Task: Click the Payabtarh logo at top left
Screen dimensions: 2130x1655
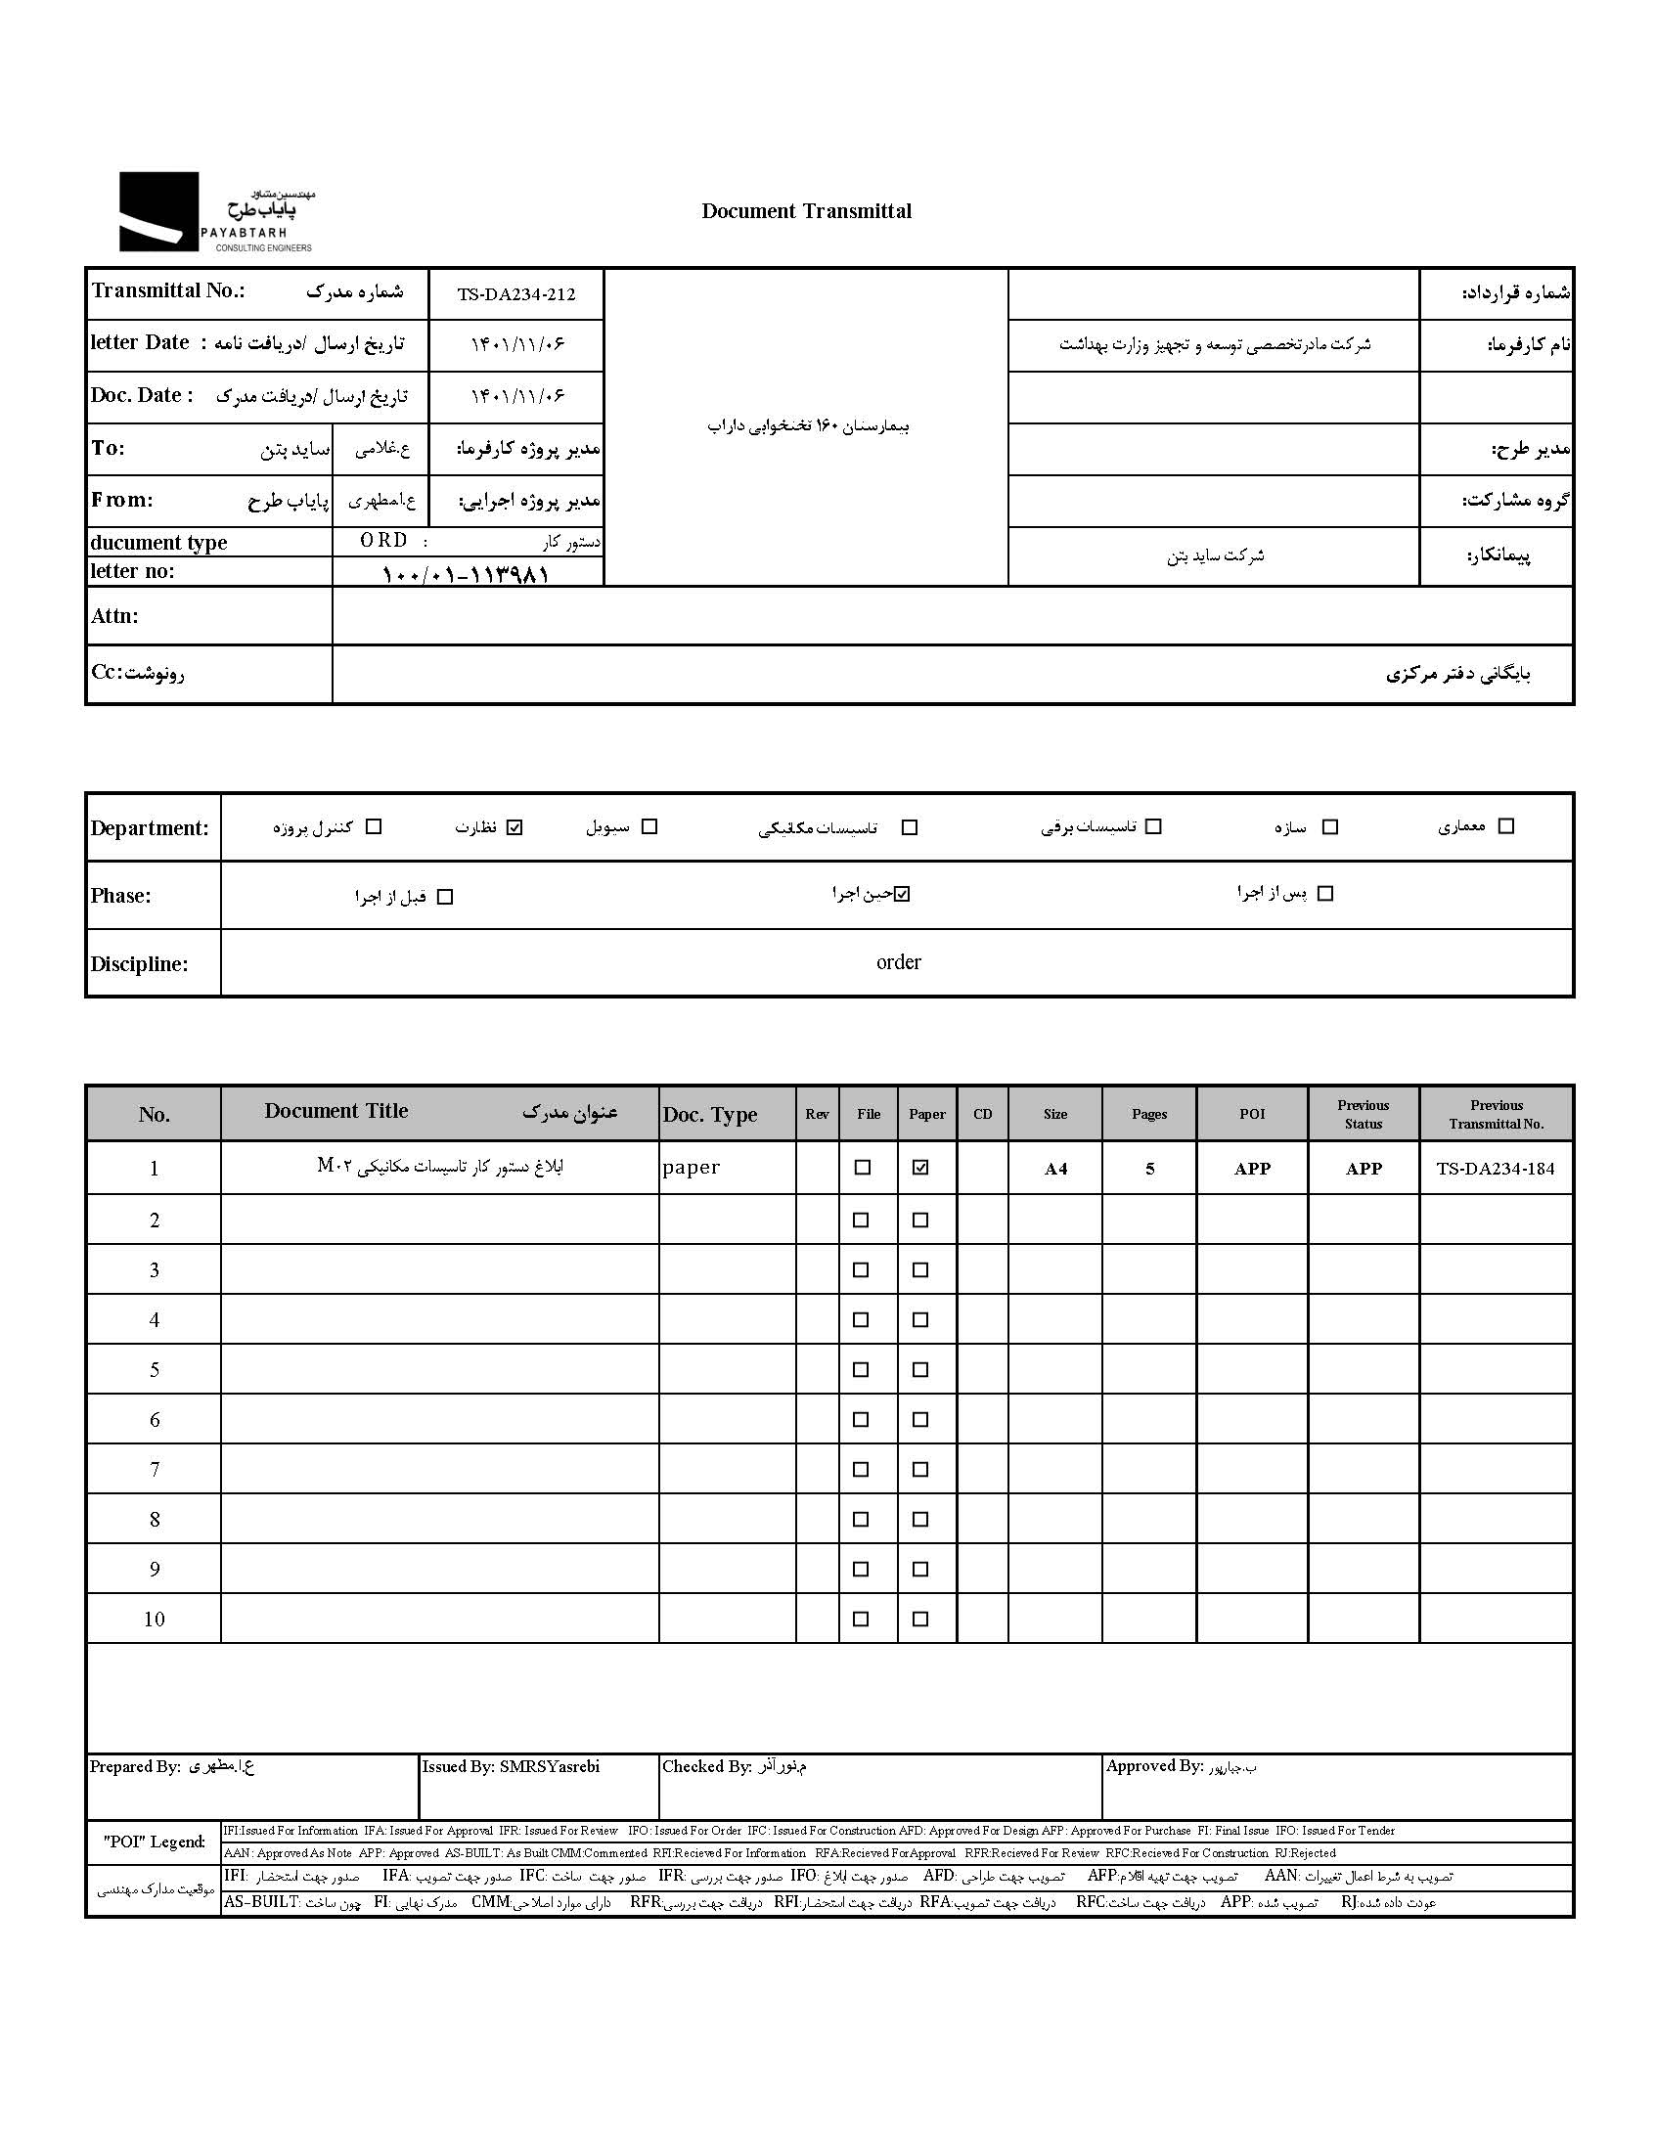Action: [x=215, y=212]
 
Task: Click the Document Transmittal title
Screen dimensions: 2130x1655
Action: [x=806, y=211]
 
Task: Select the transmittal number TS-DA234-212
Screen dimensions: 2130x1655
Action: [x=516, y=294]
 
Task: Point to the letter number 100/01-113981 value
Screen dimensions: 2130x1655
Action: [x=466, y=573]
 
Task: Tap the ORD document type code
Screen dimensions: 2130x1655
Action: [x=383, y=541]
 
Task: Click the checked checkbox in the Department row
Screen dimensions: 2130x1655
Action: [x=515, y=827]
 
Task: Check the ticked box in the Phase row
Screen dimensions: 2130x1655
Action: [x=902, y=894]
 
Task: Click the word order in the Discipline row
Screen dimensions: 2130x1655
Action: [x=898, y=962]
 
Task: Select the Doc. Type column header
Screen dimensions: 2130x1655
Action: [x=710, y=1115]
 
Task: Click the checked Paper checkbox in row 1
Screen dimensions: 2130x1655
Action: [x=920, y=1167]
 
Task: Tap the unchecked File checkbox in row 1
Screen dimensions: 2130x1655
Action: [x=862, y=1167]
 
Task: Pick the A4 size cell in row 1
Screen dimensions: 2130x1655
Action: [x=1055, y=1169]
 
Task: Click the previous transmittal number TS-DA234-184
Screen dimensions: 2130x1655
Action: [x=1496, y=1169]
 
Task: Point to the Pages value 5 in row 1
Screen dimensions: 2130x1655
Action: [x=1150, y=1169]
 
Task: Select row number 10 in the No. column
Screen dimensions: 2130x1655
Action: [x=155, y=1619]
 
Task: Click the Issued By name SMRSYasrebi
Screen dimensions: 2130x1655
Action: [x=549, y=1766]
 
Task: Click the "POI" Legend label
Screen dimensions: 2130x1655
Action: [x=155, y=1842]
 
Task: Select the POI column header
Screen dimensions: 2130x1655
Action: [x=1252, y=1114]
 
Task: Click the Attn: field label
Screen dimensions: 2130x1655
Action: [x=114, y=616]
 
